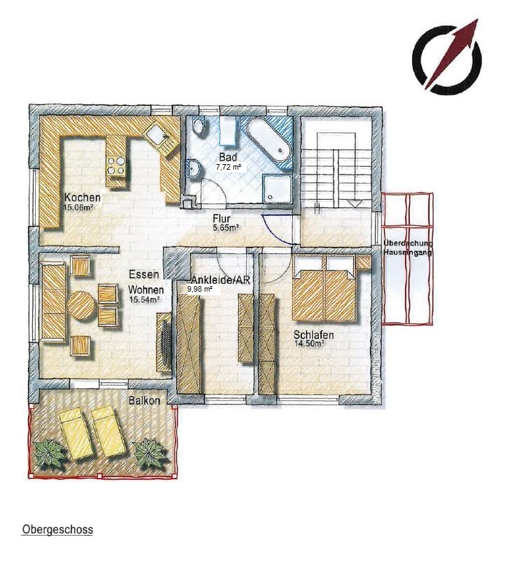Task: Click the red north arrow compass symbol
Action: coord(447,57)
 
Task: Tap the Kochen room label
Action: coord(82,198)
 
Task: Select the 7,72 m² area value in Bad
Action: coord(228,167)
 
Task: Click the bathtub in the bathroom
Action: coord(269,140)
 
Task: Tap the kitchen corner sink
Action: coord(159,135)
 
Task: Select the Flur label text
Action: coord(221,218)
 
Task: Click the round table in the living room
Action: coord(81,305)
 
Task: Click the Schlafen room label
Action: coord(314,335)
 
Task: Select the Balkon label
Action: coord(144,400)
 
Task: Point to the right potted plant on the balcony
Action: coord(150,452)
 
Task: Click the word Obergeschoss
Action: coord(57,529)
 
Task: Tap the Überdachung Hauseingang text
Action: coord(408,247)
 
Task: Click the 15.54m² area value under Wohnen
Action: coord(144,300)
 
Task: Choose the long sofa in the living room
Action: coord(54,301)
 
